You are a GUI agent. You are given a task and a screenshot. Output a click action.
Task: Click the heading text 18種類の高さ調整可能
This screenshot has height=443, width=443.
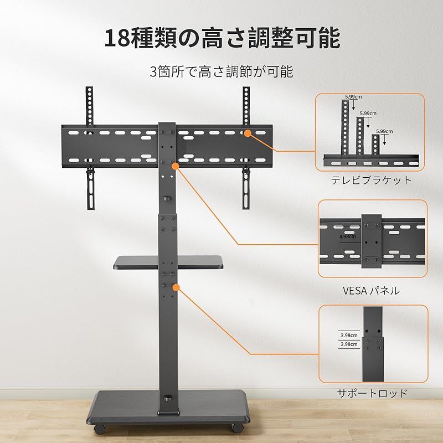[x=222, y=38]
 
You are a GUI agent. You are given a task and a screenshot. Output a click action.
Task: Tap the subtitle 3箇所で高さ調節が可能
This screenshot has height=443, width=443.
[x=221, y=71]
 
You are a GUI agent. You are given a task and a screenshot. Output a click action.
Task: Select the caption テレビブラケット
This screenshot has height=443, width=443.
[x=371, y=181]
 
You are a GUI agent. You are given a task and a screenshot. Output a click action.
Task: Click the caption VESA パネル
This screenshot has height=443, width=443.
[x=371, y=290]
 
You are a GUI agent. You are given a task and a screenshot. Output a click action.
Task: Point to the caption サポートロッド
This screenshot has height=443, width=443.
[x=372, y=393]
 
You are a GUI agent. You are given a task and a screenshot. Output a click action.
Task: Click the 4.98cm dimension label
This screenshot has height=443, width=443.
[x=348, y=236]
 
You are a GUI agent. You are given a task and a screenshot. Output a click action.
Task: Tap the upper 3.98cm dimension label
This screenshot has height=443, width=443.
[x=349, y=336]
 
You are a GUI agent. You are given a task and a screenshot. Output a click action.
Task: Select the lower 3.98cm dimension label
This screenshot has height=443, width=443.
[x=349, y=344]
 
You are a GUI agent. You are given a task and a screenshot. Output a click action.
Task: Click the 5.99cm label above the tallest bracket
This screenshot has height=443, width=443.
[x=353, y=96]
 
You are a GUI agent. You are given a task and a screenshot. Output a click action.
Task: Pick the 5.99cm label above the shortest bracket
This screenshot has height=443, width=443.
[x=384, y=131]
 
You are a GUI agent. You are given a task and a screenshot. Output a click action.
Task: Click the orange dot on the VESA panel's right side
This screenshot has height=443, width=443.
[x=248, y=133]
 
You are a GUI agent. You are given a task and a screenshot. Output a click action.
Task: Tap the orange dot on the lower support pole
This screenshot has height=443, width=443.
[x=176, y=287]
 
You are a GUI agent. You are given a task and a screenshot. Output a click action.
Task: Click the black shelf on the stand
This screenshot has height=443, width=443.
[x=168, y=262]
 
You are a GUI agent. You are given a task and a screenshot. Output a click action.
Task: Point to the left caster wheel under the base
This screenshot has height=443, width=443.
[x=100, y=429]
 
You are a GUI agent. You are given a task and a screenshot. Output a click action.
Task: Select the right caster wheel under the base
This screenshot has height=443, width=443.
[x=238, y=427]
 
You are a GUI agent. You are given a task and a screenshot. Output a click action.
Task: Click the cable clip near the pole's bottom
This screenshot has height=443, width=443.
[x=168, y=399]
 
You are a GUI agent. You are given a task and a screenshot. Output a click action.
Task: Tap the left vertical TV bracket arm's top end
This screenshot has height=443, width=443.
[x=89, y=88]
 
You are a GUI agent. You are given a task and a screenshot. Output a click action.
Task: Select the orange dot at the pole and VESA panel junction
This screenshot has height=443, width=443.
[x=176, y=166]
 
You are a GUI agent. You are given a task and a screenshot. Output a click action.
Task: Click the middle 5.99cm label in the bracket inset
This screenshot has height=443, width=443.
[x=368, y=114]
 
